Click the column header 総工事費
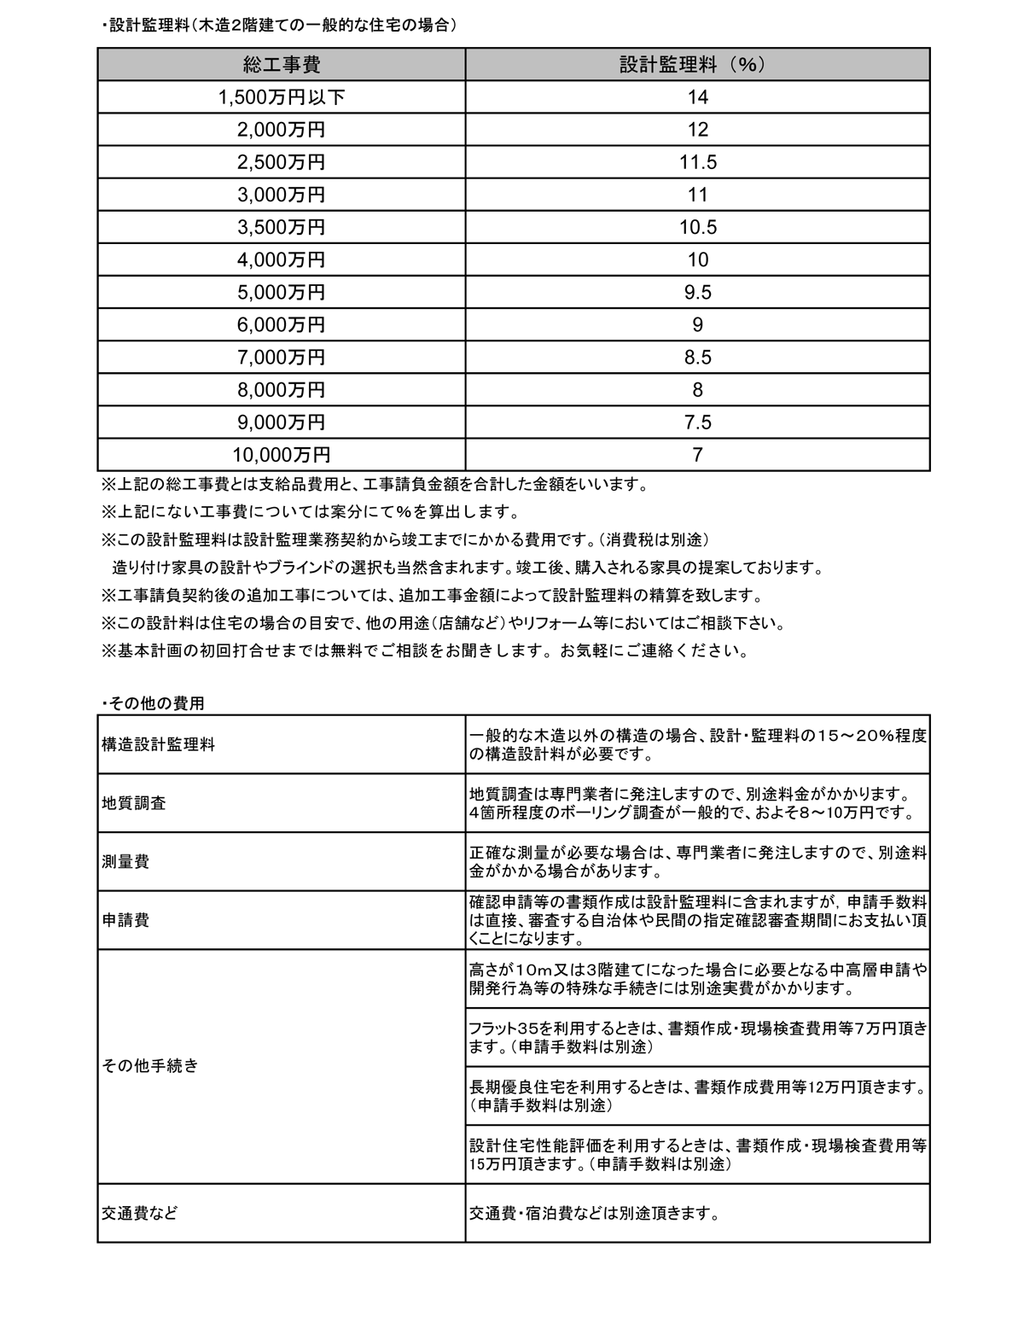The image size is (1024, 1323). point(282,65)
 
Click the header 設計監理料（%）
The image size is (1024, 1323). point(697,65)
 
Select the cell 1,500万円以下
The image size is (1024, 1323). point(282,97)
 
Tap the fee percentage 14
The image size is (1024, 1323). point(697,97)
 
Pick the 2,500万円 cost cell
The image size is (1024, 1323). point(282,162)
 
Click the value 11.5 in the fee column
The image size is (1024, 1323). point(697,162)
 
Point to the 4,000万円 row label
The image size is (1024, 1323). point(282,259)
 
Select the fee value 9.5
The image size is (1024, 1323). point(697,292)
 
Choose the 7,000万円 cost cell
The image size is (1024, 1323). point(282,357)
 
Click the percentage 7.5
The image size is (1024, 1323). point(697,422)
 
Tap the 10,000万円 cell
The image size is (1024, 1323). point(282,454)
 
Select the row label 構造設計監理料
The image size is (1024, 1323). point(158,744)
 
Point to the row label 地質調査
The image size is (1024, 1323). point(134,803)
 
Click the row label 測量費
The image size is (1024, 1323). point(125,861)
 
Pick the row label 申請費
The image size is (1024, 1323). point(125,920)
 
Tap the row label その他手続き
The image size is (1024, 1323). point(149,1065)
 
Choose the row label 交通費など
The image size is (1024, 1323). point(140,1212)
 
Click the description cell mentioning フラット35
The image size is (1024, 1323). point(697,1037)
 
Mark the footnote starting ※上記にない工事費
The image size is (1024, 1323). point(310,512)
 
